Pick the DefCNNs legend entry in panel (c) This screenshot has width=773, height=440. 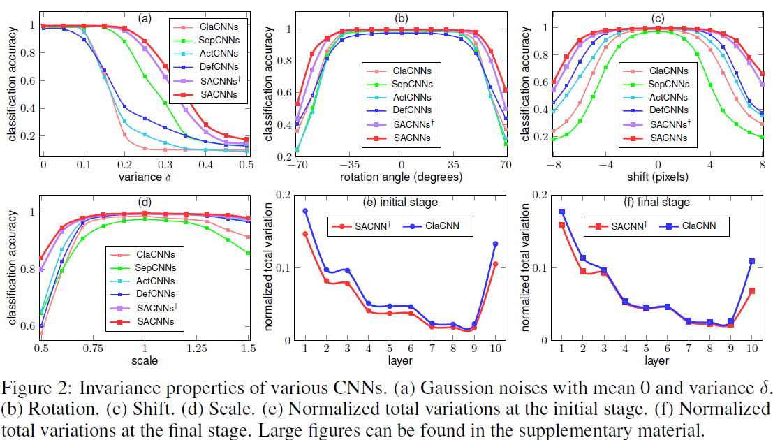coord(668,110)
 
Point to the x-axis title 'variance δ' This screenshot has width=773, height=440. coord(145,176)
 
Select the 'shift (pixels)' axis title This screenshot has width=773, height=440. coord(658,177)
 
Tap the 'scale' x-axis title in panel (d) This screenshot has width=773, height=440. coord(145,360)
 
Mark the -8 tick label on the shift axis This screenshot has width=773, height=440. coord(552,165)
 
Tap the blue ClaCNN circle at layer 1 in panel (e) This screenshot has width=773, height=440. coord(305,211)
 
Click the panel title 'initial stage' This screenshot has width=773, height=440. coord(411,203)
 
